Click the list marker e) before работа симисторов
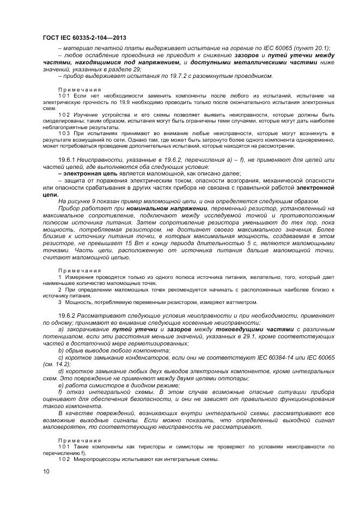pyautogui.click(x=61, y=384)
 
